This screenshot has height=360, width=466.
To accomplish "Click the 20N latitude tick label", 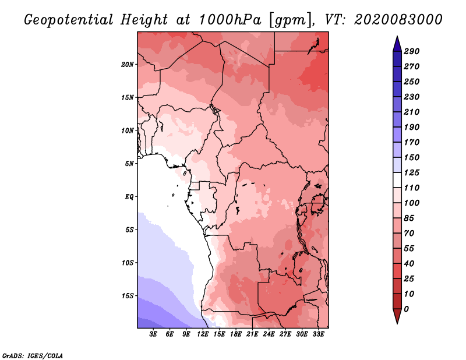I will pos(128,64).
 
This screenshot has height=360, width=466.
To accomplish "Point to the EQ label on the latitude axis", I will pos(129,196).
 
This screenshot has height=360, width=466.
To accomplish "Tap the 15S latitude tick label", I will pos(128,295).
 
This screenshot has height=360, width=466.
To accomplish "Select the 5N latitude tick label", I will pos(129,163).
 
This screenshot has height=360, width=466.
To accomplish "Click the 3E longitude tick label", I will pos(154,334).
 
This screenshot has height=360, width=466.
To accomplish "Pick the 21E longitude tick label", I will pos(252,334).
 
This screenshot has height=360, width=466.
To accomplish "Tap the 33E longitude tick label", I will pos(318,334).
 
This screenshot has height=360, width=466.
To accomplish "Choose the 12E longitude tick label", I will pos(203,334).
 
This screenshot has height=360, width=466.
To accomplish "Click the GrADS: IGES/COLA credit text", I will pos(33,355).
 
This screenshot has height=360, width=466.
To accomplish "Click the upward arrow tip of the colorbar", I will pos(396,41).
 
